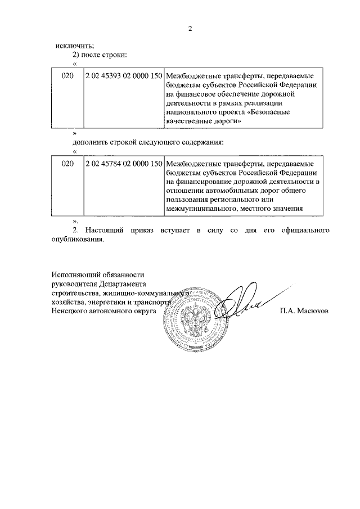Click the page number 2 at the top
[x=190, y=29]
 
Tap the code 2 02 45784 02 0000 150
[x=124, y=164]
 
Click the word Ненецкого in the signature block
[x=71, y=310]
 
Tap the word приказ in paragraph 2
[x=146, y=230]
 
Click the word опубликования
[x=78, y=240]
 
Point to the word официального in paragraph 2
[x=304, y=230]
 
